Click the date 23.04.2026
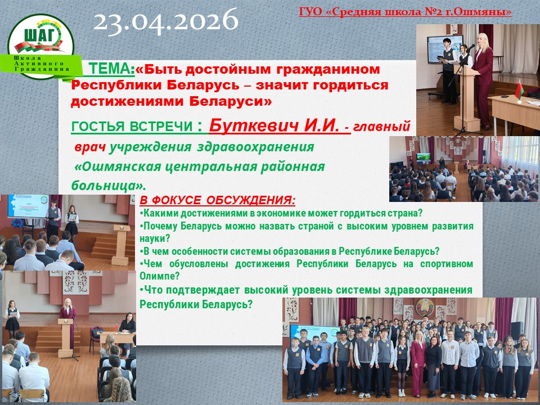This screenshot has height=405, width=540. point(165,21)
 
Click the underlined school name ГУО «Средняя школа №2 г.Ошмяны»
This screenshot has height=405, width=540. point(405,12)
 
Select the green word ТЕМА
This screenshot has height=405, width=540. point(111,69)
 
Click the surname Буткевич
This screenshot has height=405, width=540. point(254,125)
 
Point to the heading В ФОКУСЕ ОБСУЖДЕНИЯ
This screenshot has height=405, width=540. point(217,200)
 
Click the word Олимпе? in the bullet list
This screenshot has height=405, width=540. point(160,276)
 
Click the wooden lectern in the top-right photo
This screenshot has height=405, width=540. point(467,98)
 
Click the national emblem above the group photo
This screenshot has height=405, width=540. point(425,307)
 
